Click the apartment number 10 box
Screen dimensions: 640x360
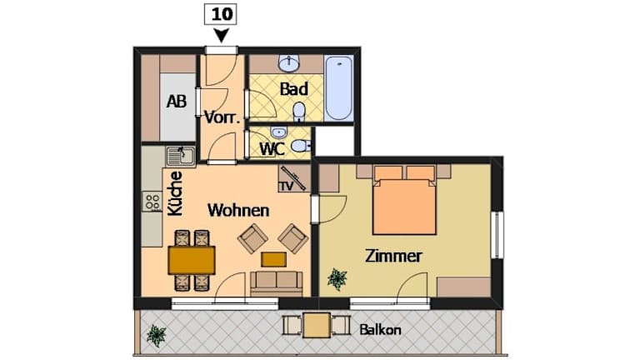(220, 15)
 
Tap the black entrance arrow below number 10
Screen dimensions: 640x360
(221, 36)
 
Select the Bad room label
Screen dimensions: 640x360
(293, 89)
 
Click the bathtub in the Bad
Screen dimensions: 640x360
(339, 88)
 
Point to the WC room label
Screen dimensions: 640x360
(272, 149)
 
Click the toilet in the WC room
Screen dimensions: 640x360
(302, 146)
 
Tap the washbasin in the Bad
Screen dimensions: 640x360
(289, 63)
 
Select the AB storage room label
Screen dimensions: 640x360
(177, 101)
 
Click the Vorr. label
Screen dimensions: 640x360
(222, 117)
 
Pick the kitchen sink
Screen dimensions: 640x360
(180, 156)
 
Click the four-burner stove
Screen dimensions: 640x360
(152, 202)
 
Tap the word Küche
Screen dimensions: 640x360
(176, 193)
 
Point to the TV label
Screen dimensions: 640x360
(286, 186)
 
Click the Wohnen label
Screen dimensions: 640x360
(238, 211)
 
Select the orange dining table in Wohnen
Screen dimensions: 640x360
(192, 260)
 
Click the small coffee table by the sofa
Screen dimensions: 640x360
(273, 259)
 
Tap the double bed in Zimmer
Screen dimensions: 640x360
(404, 200)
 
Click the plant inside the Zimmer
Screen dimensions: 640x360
(337, 279)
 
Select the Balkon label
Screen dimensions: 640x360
(380, 330)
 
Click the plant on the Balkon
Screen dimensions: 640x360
(157, 335)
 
